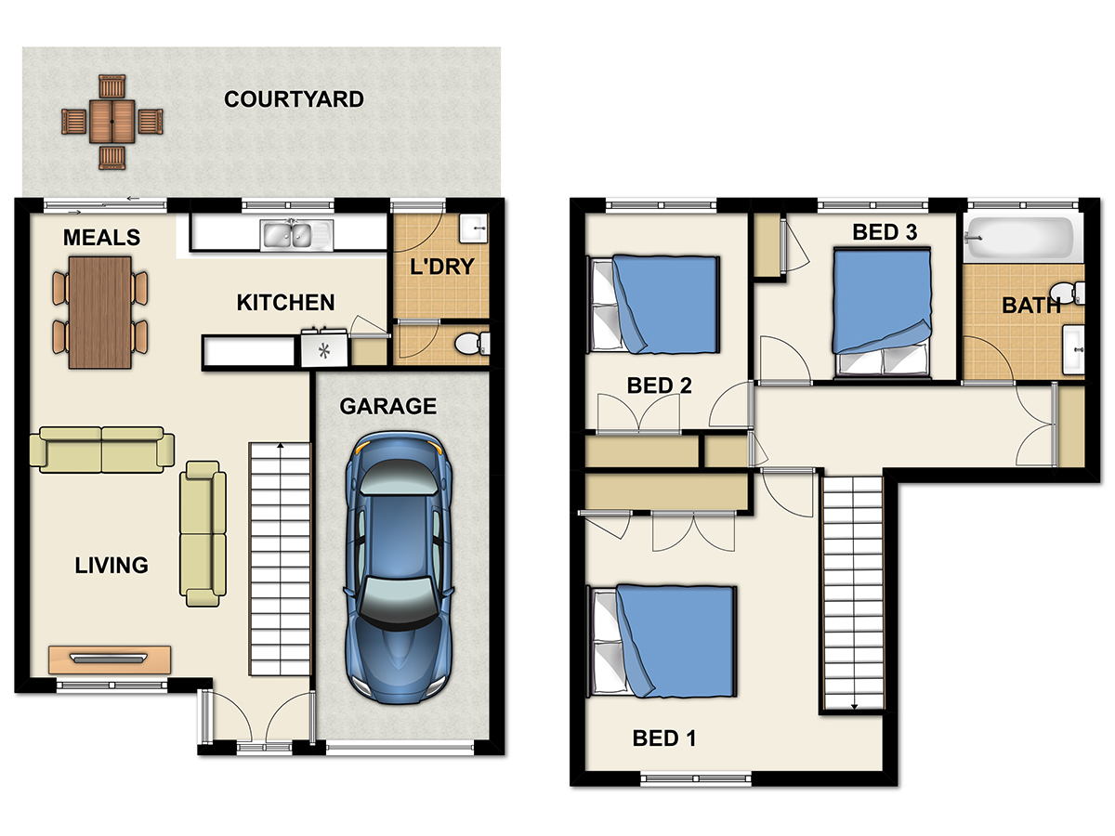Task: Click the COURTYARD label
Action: (294, 99)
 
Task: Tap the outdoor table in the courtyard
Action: (111, 122)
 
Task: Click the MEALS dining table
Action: (100, 312)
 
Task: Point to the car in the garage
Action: (399, 568)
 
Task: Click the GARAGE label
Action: (388, 406)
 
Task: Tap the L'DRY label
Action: (442, 267)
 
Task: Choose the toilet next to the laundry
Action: (472, 344)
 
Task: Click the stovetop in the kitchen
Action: (324, 348)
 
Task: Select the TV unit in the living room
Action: (110, 660)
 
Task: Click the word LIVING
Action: (111, 566)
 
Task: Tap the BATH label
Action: (1030, 306)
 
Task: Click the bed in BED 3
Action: (883, 313)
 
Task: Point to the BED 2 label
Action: (660, 385)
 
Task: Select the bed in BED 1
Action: (662, 642)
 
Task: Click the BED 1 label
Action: (664, 738)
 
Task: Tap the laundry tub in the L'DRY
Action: (474, 228)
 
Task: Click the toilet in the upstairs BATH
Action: (1068, 293)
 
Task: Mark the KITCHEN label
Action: (285, 303)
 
